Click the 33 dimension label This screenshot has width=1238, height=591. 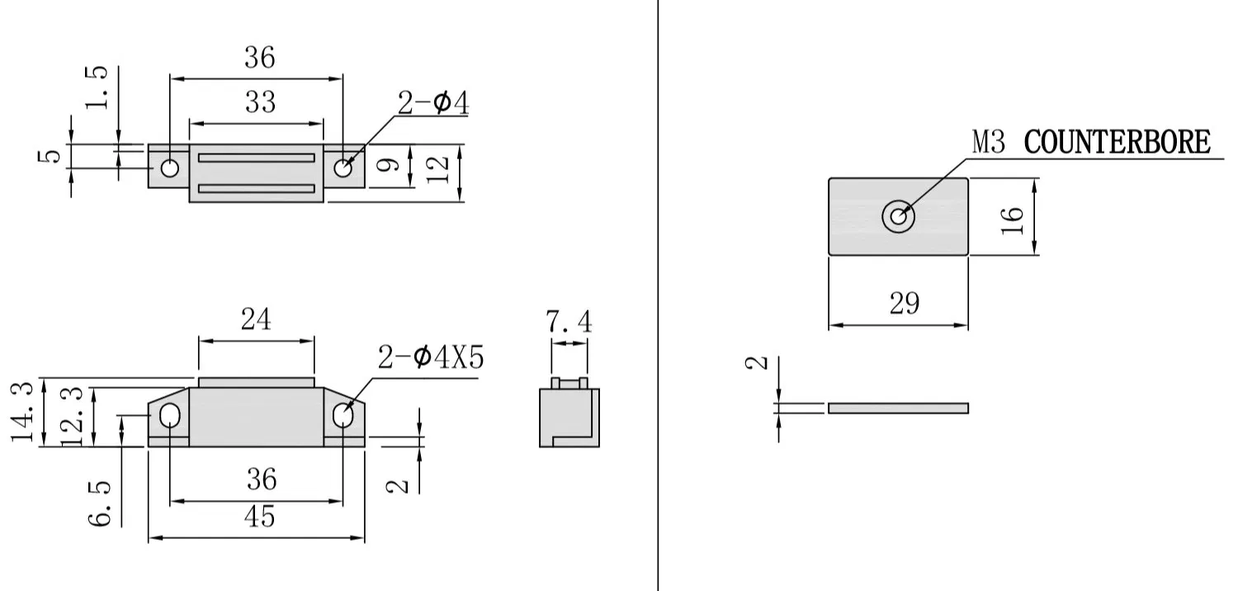click(260, 103)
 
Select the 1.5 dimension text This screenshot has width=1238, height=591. click(97, 87)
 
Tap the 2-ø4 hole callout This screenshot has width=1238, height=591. click(433, 104)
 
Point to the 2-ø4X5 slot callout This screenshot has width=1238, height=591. click(430, 358)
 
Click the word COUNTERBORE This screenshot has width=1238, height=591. click(1117, 142)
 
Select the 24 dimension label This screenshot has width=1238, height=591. click(256, 319)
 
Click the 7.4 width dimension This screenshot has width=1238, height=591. click(569, 323)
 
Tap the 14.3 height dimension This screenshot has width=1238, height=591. click(26, 413)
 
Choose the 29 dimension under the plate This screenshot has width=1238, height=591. click(904, 304)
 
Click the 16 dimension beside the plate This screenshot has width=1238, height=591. click(1014, 218)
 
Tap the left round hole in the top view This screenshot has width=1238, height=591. click(170, 168)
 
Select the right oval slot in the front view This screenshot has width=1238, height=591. click(343, 416)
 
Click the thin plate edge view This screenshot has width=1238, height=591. click(898, 408)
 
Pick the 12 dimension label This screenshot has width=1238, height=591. click(441, 168)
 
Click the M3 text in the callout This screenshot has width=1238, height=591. click(989, 142)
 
